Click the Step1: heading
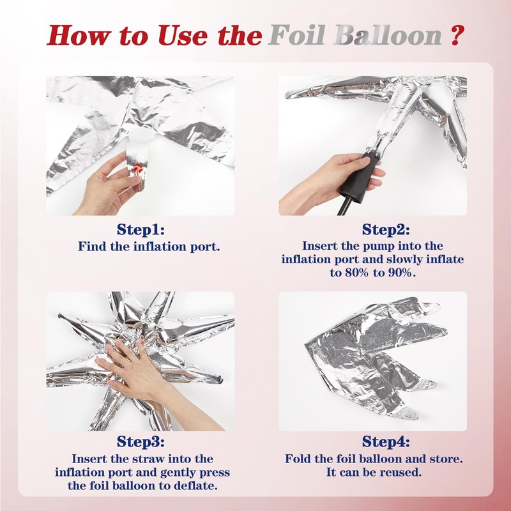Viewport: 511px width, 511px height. pos(141,229)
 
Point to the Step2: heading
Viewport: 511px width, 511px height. pos(386,229)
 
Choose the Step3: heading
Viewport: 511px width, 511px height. pos(141,442)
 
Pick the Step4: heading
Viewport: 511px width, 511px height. pos(386,442)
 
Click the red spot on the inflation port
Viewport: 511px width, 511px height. pos(137,169)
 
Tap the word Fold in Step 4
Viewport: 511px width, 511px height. pos(298,459)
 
